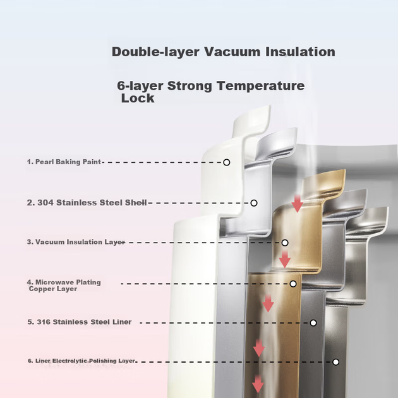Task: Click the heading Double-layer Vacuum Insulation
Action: tap(224, 52)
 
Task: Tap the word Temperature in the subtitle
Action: tap(260, 86)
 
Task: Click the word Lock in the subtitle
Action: tap(138, 98)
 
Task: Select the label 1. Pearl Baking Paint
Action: tap(64, 162)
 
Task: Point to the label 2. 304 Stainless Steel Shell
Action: tap(87, 203)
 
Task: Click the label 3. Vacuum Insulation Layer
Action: tap(76, 242)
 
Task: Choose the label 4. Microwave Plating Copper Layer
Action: tap(64, 286)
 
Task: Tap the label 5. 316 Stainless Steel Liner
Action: tap(80, 322)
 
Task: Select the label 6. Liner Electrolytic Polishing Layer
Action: tap(81, 361)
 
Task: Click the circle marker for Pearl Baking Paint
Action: tap(227, 162)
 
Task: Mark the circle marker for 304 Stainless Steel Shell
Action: tap(254, 203)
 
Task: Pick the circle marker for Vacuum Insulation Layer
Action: tap(285, 243)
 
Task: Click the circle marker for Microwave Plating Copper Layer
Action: tap(293, 284)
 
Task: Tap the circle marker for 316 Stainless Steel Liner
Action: tap(313, 323)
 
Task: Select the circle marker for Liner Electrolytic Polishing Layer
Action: tap(336, 362)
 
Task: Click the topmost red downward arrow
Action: tap(297, 203)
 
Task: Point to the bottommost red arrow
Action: tap(258, 384)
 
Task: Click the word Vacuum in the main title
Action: tap(232, 52)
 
